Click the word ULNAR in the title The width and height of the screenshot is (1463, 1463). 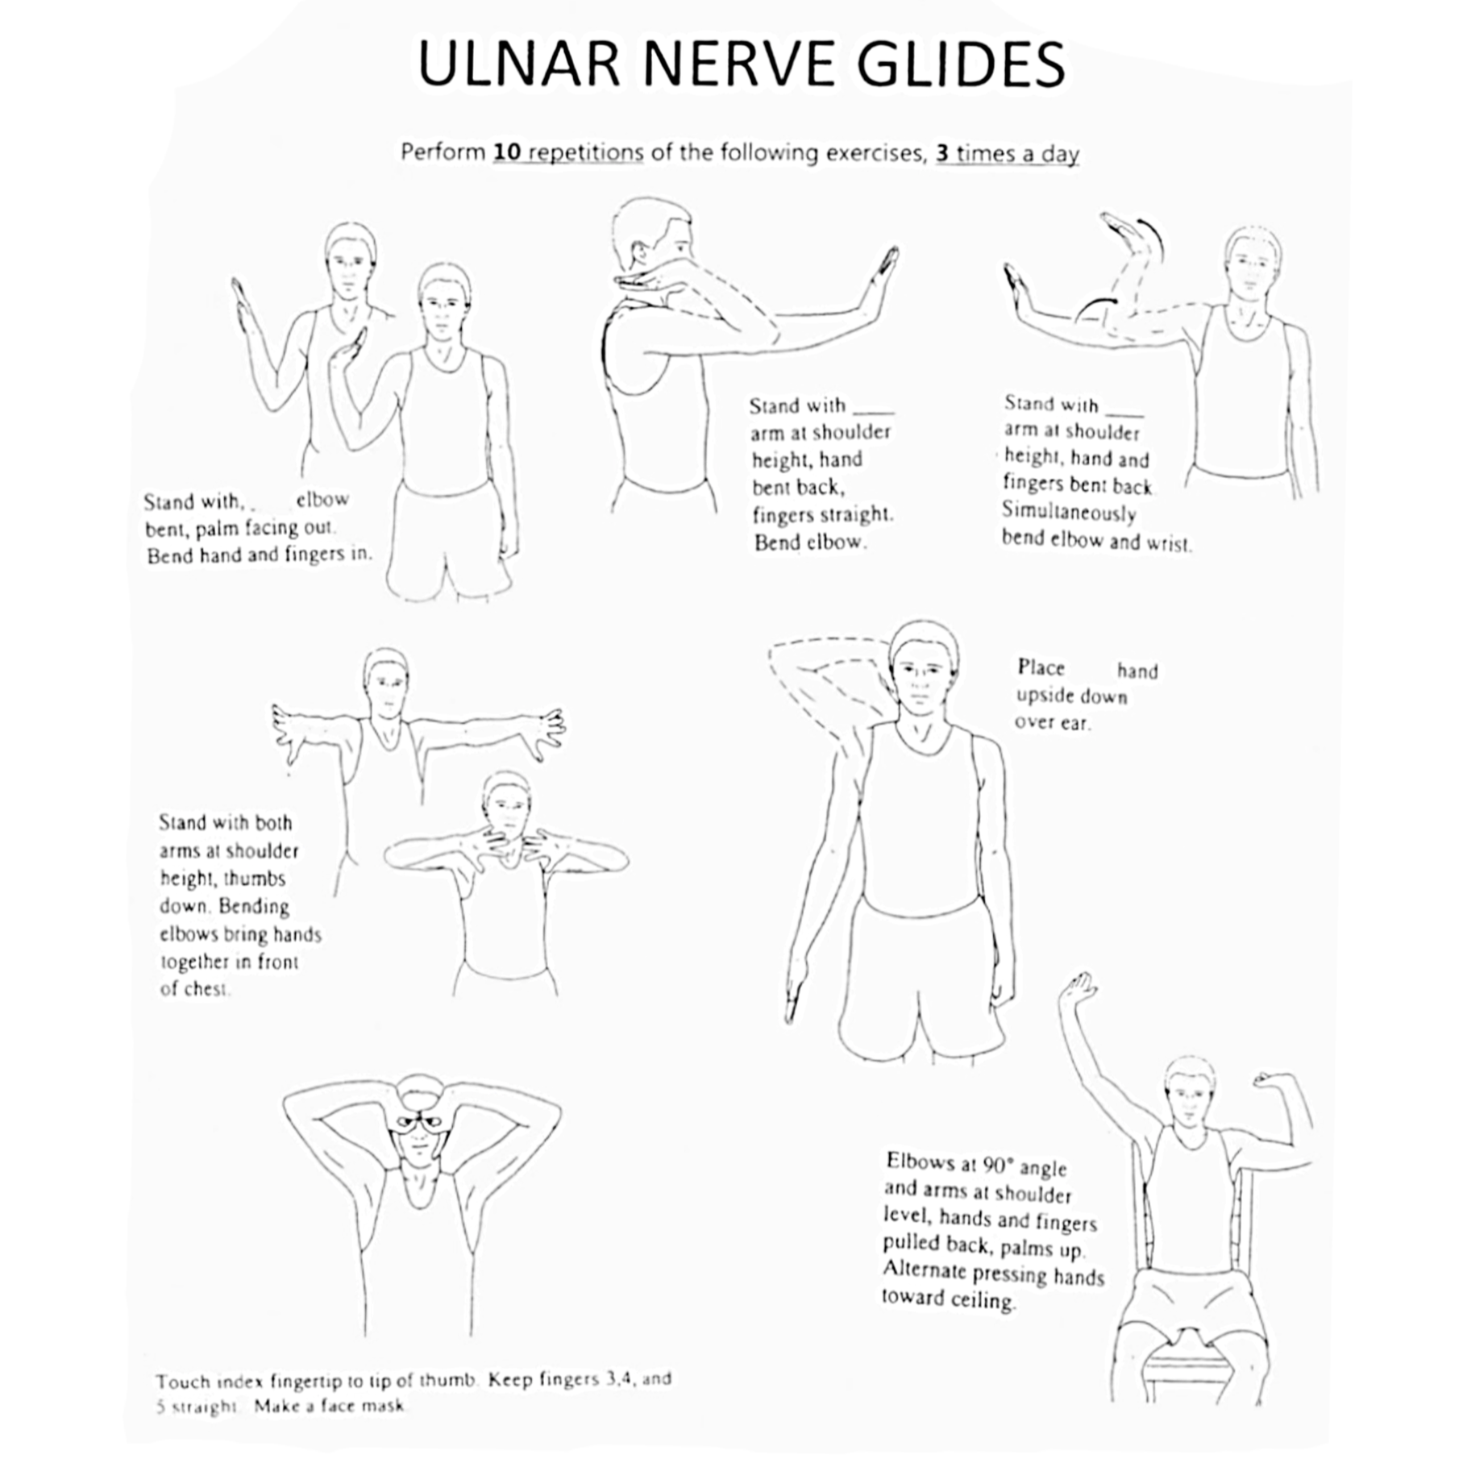(518, 64)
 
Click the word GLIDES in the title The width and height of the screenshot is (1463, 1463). (961, 64)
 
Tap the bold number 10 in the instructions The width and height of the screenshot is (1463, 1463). (508, 152)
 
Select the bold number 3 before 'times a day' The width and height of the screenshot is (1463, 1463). (942, 153)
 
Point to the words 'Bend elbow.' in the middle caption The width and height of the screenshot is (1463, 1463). (810, 542)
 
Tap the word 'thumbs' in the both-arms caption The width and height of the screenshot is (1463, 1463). (255, 879)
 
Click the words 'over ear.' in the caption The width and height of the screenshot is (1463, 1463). (1052, 722)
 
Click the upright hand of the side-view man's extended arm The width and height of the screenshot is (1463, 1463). (883, 278)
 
